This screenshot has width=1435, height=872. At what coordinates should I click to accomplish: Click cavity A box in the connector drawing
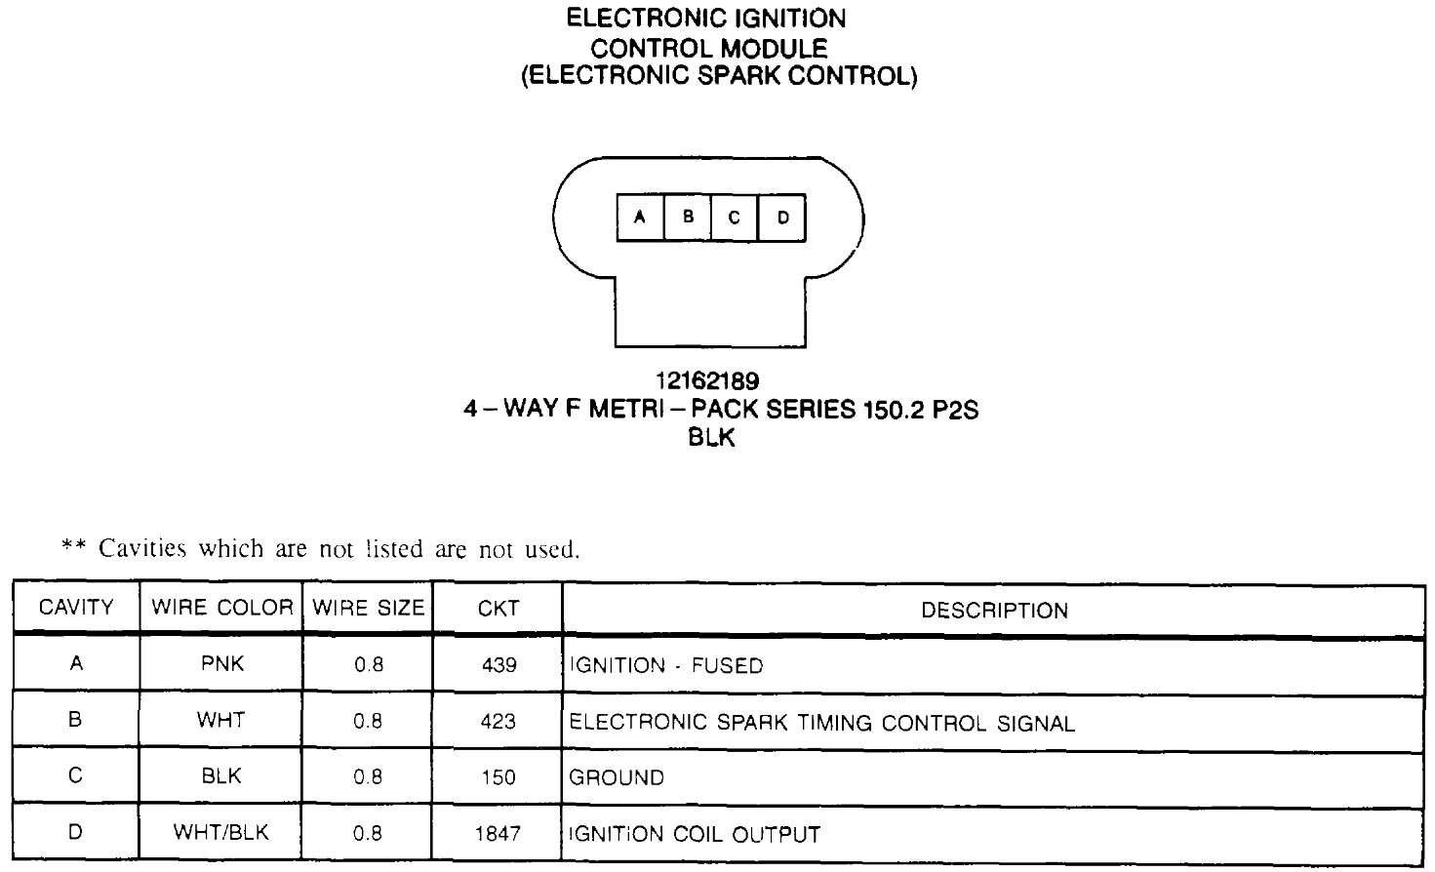(x=640, y=218)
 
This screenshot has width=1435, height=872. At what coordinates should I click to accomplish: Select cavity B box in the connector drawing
(x=688, y=218)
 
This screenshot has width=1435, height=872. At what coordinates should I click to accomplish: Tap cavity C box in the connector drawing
(x=735, y=218)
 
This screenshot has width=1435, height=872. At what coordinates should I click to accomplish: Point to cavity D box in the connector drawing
(x=782, y=218)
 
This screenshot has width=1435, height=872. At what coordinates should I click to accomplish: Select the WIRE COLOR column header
(x=221, y=608)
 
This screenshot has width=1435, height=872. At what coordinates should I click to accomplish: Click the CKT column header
(x=498, y=609)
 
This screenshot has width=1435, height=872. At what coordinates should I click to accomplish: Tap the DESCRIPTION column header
(x=994, y=611)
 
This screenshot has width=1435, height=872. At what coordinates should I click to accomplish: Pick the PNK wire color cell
(x=221, y=664)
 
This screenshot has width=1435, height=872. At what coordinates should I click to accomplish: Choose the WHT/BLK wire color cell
(x=221, y=833)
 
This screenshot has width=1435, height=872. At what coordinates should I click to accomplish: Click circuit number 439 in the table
(x=498, y=665)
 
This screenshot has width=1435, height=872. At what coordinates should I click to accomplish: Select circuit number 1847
(x=498, y=834)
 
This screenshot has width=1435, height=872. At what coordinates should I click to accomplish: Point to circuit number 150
(x=498, y=778)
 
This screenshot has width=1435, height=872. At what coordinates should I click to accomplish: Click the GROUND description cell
(x=617, y=778)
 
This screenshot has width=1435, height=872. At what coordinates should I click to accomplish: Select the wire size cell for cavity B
(x=369, y=722)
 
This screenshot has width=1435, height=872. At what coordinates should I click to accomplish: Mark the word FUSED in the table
(x=727, y=666)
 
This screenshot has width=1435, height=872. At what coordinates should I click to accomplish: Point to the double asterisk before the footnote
(x=73, y=546)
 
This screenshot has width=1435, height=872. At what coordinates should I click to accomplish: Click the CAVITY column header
(x=76, y=608)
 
